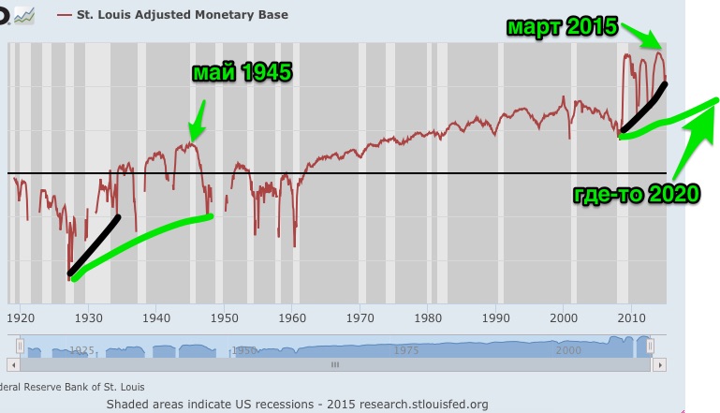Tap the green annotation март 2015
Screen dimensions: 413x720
click(x=562, y=26)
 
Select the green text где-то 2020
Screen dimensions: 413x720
click(x=636, y=195)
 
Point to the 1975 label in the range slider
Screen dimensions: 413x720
click(x=406, y=350)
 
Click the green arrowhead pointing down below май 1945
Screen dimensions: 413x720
click(x=194, y=134)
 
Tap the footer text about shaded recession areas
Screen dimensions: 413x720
click(x=297, y=404)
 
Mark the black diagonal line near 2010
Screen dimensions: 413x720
click(x=642, y=108)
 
